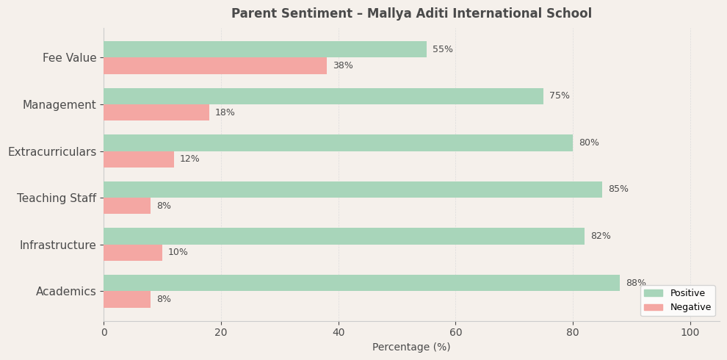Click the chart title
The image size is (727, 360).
pos(411,14)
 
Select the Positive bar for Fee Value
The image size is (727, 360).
pos(265,49)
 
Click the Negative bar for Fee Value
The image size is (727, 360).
pos(215,66)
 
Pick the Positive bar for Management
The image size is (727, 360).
pos(323,96)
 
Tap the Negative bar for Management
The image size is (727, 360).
pos(156,112)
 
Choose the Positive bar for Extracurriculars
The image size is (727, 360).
pos(338,143)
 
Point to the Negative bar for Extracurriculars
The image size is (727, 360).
pos(139,159)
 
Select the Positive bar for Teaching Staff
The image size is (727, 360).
pos(352,190)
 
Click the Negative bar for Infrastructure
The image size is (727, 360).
pos(133,253)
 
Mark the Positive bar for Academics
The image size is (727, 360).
pos(361,283)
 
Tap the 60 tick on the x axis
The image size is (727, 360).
pos(455,333)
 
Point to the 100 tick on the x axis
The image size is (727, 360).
pos(690,333)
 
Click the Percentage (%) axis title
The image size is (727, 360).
pos(411,348)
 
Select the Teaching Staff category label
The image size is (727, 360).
pos(57,198)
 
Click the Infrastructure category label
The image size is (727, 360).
pos(58,245)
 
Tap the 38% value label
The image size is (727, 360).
pos(343,66)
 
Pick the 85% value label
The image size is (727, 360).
pos(618,190)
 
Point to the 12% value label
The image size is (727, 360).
pos(189,159)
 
